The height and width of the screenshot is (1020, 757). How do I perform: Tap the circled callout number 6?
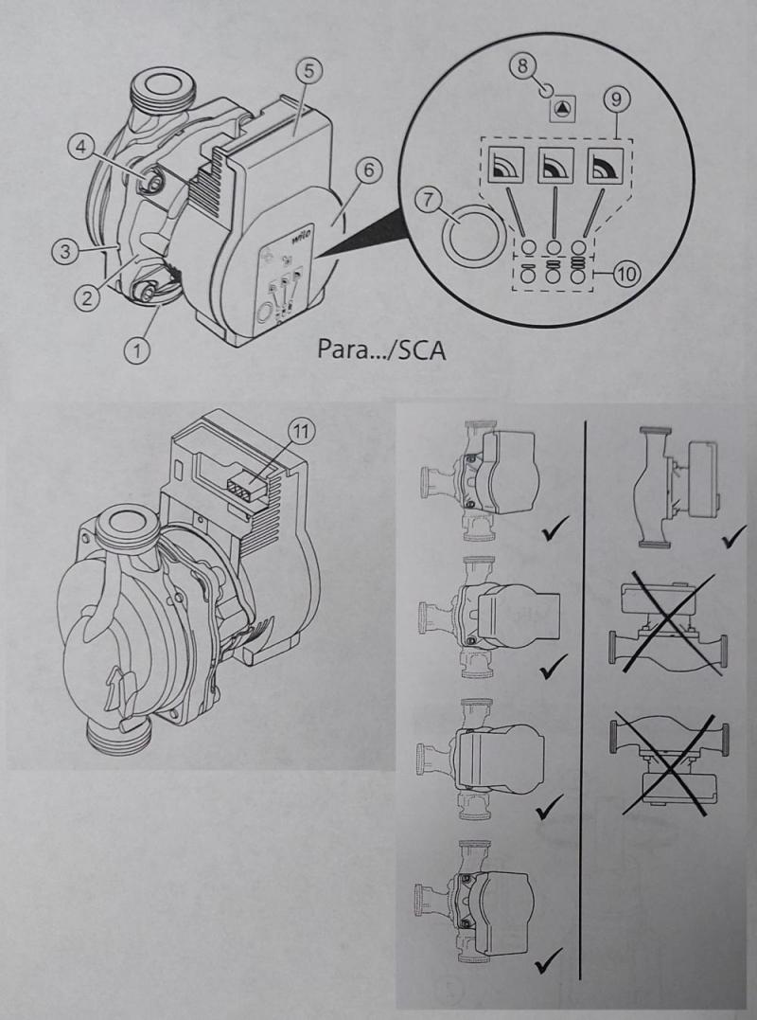pyautogui.click(x=368, y=170)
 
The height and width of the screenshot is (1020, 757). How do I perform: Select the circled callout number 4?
pyautogui.click(x=81, y=148)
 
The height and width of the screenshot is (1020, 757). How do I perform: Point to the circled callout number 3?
pyautogui.click(x=64, y=251)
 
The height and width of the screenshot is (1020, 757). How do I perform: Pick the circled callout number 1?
pyautogui.click(x=136, y=351)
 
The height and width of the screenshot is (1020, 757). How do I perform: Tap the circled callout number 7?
pyautogui.click(x=429, y=201)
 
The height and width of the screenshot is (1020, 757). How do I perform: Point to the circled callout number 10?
pyautogui.click(x=627, y=274)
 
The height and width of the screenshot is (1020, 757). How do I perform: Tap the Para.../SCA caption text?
pyautogui.click(x=380, y=350)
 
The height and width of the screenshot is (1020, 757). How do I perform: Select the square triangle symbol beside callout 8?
pyautogui.click(x=561, y=109)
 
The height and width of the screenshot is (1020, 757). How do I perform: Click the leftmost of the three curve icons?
pyautogui.click(x=504, y=166)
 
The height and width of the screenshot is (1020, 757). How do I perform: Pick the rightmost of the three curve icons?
pyautogui.click(x=605, y=166)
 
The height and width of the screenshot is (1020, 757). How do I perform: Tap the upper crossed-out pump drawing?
pyautogui.click(x=668, y=623)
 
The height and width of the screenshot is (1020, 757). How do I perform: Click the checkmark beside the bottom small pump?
pyautogui.click(x=548, y=960)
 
